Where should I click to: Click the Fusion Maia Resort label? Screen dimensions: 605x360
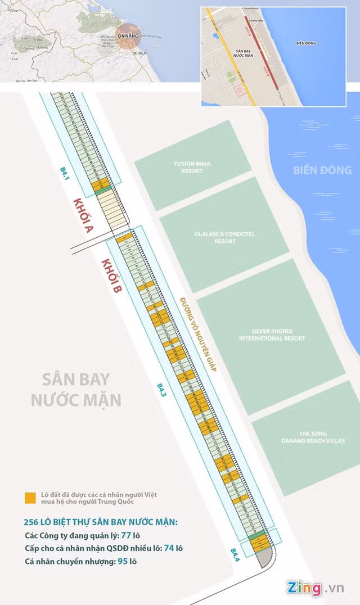pos(192,167)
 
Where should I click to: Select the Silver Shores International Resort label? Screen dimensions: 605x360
pos(272,335)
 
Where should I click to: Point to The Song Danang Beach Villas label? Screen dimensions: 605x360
pos(313,437)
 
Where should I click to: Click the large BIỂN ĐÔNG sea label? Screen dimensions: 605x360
pos(322,170)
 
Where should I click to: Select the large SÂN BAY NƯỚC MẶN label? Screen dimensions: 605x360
pos(76,389)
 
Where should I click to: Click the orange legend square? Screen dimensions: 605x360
pos(30,498)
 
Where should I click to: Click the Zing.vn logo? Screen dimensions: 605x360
pos(315,588)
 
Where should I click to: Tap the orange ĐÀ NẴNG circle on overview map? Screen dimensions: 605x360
pos(125,34)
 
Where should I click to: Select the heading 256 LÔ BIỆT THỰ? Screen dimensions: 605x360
pos(101,522)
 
